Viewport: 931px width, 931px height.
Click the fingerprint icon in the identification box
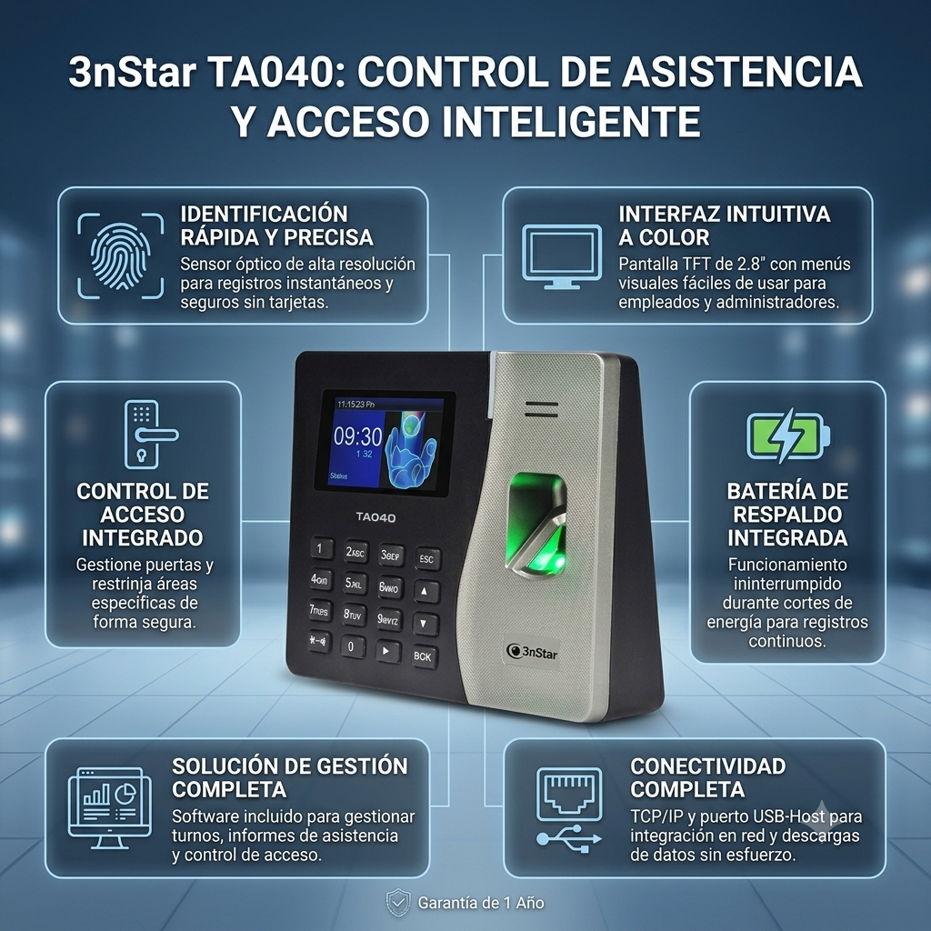click(121, 255)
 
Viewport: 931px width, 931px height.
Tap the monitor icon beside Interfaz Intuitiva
click(561, 256)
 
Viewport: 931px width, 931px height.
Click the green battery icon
click(788, 435)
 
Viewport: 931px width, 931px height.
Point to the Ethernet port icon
click(569, 794)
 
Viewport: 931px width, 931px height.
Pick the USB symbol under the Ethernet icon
click(569, 839)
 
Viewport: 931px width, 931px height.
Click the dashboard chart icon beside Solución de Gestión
click(109, 808)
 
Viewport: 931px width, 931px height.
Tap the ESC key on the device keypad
click(427, 558)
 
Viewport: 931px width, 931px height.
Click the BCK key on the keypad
click(424, 656)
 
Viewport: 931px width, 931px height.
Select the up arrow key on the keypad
click(425, 591)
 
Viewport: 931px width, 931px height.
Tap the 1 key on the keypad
click(321, 548)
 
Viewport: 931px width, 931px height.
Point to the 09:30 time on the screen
click(357, 437)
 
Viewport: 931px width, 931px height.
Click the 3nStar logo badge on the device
click(533, 653)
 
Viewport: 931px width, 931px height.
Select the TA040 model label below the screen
click(375, 517)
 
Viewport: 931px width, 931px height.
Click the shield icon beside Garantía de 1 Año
click(398, 903)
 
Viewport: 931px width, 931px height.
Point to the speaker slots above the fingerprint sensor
click(541, 409)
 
